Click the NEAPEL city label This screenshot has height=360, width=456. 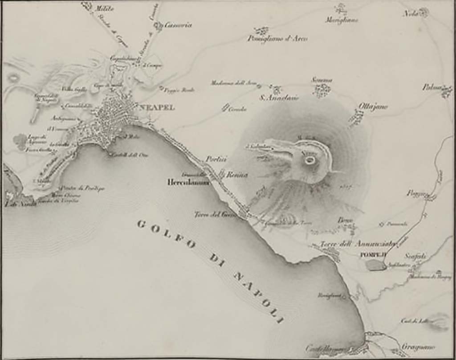156,107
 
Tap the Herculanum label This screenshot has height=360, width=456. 188,182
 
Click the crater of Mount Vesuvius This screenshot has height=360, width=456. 310,160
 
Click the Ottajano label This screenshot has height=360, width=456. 373,106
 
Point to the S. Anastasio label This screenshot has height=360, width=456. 279,98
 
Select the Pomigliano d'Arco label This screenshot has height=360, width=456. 277,39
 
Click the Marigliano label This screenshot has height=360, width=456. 342,20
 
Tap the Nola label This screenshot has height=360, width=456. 411,13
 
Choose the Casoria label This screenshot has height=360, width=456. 178,25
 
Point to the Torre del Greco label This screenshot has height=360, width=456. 214,215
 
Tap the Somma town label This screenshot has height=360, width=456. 322,80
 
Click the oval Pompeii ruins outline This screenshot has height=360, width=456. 376,265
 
